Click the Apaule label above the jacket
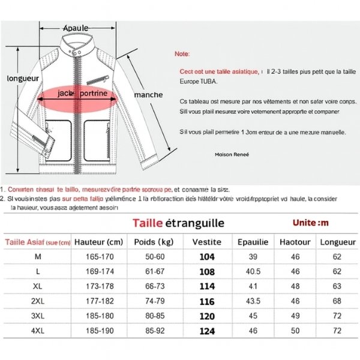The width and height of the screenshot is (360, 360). pos(76,28)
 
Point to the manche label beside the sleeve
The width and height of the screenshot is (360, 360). pos(148,95)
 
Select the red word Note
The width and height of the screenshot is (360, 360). pos(181,54)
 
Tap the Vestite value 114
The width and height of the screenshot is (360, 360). pos(207,286)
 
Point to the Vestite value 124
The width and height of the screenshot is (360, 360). pos(207,331)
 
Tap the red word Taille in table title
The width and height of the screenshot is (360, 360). pos(148,223)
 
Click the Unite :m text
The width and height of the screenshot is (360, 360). pos(311,223)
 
